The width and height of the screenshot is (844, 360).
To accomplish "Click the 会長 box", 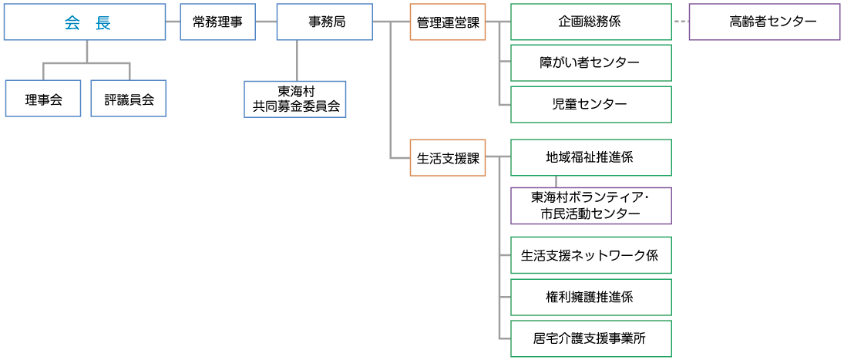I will coord(85,22).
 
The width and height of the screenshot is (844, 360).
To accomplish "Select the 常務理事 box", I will coord(217,22).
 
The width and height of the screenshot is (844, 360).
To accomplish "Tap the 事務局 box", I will coord(324,22).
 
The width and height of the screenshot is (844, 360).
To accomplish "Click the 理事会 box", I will coord(43,99).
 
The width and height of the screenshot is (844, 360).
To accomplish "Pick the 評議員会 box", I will coord(129,99).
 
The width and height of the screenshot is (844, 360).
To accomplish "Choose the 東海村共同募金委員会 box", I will coord(295,99).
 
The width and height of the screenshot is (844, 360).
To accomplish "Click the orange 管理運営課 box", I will coord(448,22).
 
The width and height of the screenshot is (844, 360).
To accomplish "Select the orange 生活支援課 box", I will coord(448,158).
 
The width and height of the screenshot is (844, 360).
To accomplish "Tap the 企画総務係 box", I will coord(590,22).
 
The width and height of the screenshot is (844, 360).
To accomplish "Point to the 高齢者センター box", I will coord(764,22).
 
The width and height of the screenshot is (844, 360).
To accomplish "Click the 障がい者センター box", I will coord(590,63).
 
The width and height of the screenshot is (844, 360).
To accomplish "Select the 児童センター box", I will coord(590,104).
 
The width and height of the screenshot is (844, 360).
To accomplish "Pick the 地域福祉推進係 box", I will coord(590,157).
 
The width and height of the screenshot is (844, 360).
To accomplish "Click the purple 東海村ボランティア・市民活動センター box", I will coord(590,206).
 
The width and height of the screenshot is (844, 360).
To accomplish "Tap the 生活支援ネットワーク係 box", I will coord(590,255).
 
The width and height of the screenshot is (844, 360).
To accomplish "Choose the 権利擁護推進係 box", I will coord(590,297).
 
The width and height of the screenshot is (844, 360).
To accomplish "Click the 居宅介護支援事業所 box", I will coord(590,338).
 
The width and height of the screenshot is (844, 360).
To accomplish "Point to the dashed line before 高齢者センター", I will coord(680,22).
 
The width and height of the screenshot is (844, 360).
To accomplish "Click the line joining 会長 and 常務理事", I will coord(173,22).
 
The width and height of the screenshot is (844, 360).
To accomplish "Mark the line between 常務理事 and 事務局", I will coord(266,22).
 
